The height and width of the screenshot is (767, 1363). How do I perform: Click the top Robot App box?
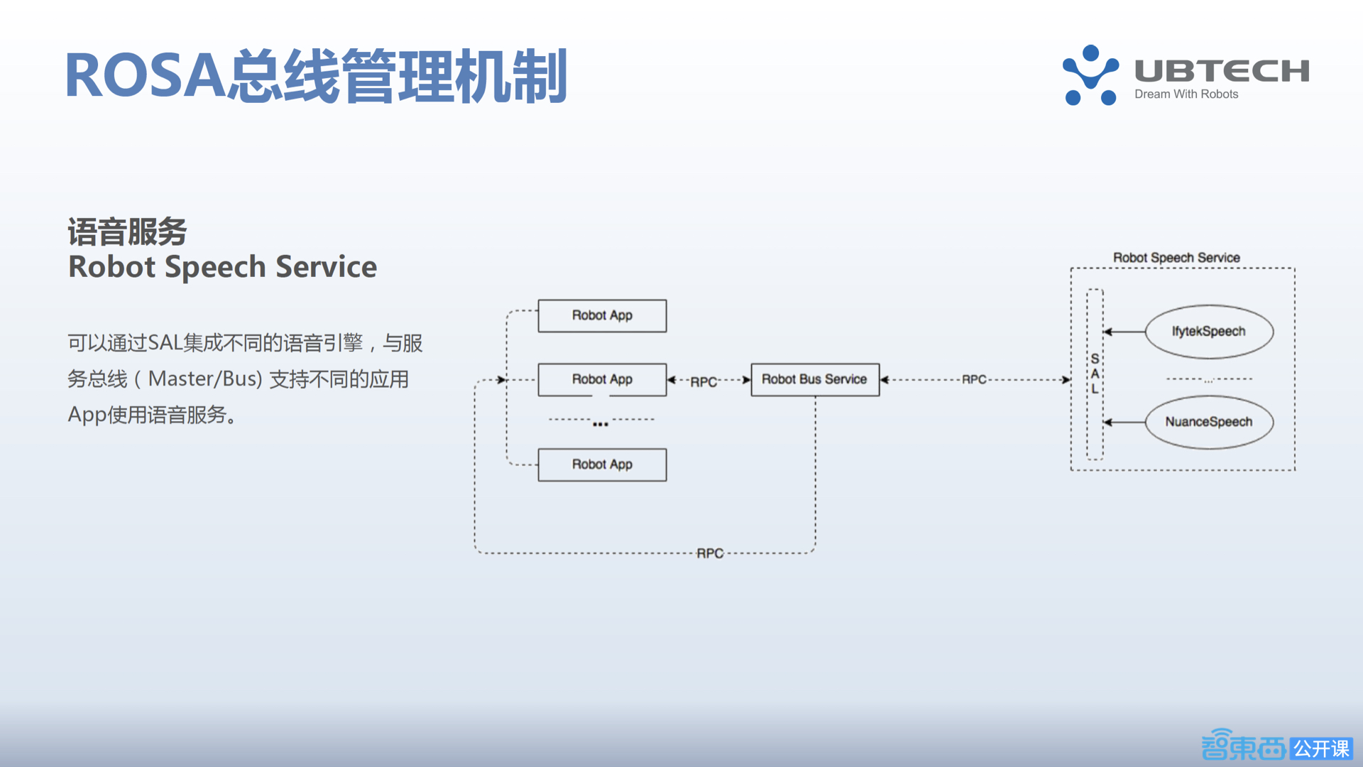coord(602,315)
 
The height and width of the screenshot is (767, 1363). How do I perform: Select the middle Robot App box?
coord(602,379)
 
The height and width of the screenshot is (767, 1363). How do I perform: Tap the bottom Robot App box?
coord(602,464)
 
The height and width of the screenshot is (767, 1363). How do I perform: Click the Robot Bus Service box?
coord(814,379)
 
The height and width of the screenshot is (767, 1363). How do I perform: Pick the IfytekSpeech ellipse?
coord(1208,332)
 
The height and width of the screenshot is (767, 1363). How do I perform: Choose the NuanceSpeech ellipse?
coord(1208,422)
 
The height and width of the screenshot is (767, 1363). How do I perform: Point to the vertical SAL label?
coord(1095,374)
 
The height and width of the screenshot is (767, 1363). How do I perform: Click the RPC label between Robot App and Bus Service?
coord(704,382)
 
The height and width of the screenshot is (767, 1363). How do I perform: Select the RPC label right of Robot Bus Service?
coord(974,380)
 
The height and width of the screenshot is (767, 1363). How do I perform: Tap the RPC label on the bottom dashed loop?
coord(710,553)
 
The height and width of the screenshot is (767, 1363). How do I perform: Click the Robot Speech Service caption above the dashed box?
coord(1176,258)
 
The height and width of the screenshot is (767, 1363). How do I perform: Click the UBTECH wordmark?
coord(1222,70)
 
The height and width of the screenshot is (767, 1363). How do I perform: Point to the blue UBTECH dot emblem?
coord(1090,75)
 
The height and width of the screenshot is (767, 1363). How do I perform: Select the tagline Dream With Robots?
coord(1186,94)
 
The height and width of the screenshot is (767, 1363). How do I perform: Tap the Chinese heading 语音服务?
coord(127,232)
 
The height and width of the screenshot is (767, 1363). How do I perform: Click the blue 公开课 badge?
coord(1321,749)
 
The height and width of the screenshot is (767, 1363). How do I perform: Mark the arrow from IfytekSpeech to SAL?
coord(1124,332)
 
